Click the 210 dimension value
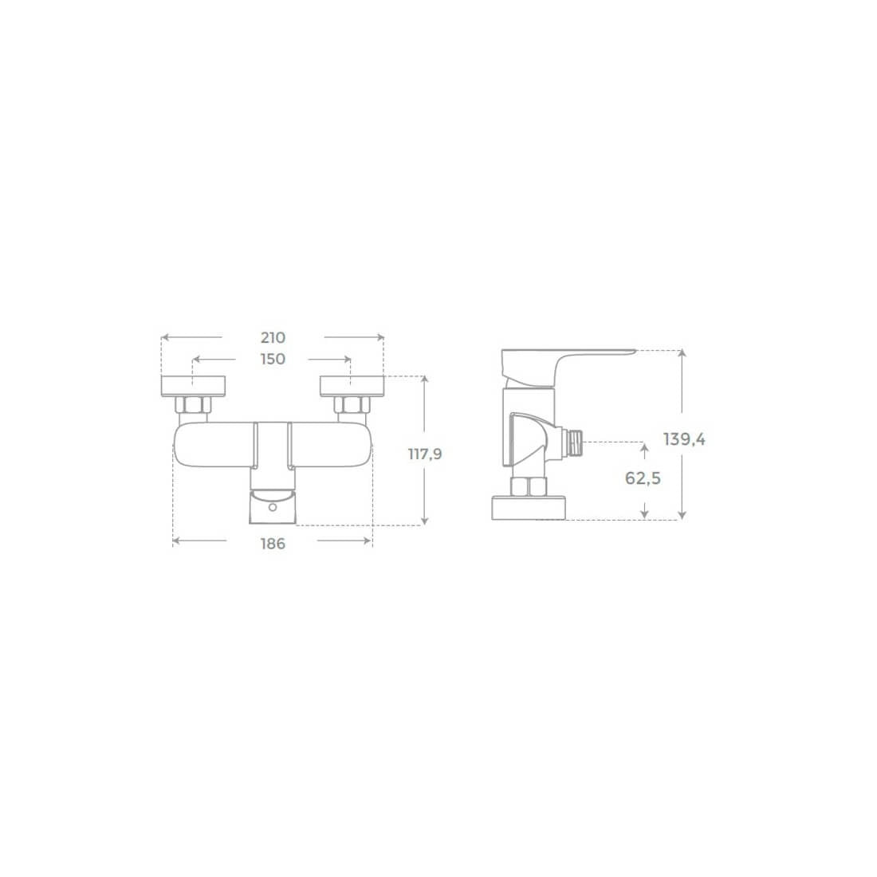tap(273, 338)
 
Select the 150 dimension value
tap(273, 359)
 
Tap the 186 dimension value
tap(273, 544)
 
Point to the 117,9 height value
tap(425, 454)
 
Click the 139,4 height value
tap(685, 439)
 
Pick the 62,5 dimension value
tap(643, 478)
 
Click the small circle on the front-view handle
tap(273, 507)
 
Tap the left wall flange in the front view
tap(194, 387)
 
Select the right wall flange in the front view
tap(352, 387)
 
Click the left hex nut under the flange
tap(193, 404)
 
